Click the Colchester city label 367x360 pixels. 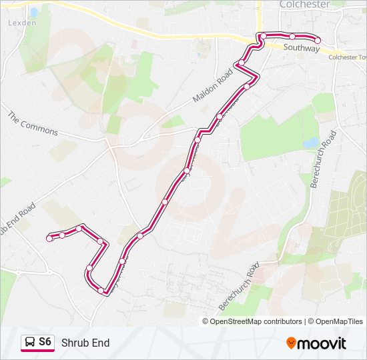[x=304, y=5]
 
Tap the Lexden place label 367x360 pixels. [x=22, y=22]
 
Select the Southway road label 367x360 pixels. [x=301, y=48]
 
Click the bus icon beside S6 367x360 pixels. [x=29, y=343]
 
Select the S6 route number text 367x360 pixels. [x=45, y=342]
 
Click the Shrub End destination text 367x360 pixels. [x=85, y=343]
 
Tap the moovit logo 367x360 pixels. [x=316, y=343]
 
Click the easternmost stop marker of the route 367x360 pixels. [x=318, y=41]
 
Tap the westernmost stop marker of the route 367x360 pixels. [x=49, y=238]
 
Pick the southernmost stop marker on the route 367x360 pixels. [x=101, y=290]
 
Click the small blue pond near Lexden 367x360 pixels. [x=33, y=12]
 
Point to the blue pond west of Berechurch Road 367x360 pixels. [x=311, y=143]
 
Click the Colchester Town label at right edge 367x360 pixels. [x=348, y=57]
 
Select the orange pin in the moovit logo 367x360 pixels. [x=292, y=343]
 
